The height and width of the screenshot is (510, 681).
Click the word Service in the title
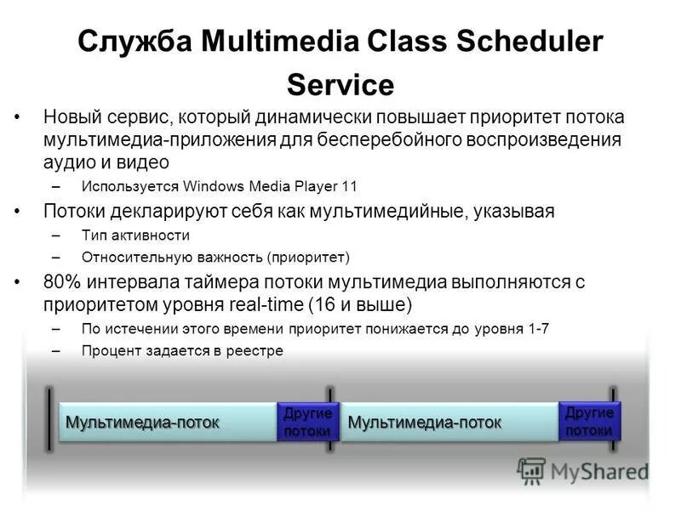[x=340, y=85]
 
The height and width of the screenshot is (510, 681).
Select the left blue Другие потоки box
[x=307, y=422]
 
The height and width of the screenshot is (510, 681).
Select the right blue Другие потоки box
[x=589, y=421]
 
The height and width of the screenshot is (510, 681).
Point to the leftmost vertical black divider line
[x=49, y=416]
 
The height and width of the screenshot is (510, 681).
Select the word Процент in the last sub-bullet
[x=109, y=350]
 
